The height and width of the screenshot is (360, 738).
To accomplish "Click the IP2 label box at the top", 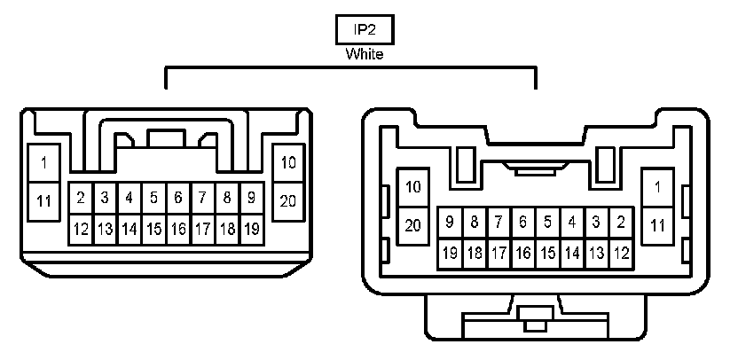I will tap(364, 29).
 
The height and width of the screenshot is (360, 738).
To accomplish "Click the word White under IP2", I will tap(364, 54).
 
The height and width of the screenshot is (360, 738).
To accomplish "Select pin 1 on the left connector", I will tap(43, 163).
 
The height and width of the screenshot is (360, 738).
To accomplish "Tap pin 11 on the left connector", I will tap(43, 200).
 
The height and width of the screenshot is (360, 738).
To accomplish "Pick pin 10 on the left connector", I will tap(288, 163).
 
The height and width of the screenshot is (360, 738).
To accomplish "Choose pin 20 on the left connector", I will tap(288, 200).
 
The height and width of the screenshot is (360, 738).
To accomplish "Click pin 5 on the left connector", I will tap(153, 197).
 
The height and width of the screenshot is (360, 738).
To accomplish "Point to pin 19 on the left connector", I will tap(251, 229).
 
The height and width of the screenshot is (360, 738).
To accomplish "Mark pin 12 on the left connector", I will tap(81, 229).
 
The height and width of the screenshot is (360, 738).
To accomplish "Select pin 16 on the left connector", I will tap(177, 229).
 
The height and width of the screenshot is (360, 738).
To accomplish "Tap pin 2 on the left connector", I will tap(81, 197).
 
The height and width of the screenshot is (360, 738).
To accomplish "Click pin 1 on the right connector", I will tap(657, 187).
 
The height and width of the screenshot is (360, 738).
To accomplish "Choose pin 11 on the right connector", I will tap(657, 224).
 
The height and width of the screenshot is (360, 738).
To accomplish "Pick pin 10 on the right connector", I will tap(412, 187).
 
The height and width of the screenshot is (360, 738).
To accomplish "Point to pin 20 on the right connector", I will tap(412, 224).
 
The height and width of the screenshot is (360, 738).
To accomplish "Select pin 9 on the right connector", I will tap(451, 222).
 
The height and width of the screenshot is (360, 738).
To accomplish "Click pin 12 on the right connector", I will tap(621, 254).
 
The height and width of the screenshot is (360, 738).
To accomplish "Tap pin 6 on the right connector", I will tap(523, 222).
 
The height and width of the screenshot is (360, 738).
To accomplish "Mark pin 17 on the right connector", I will tap(499, 254).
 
